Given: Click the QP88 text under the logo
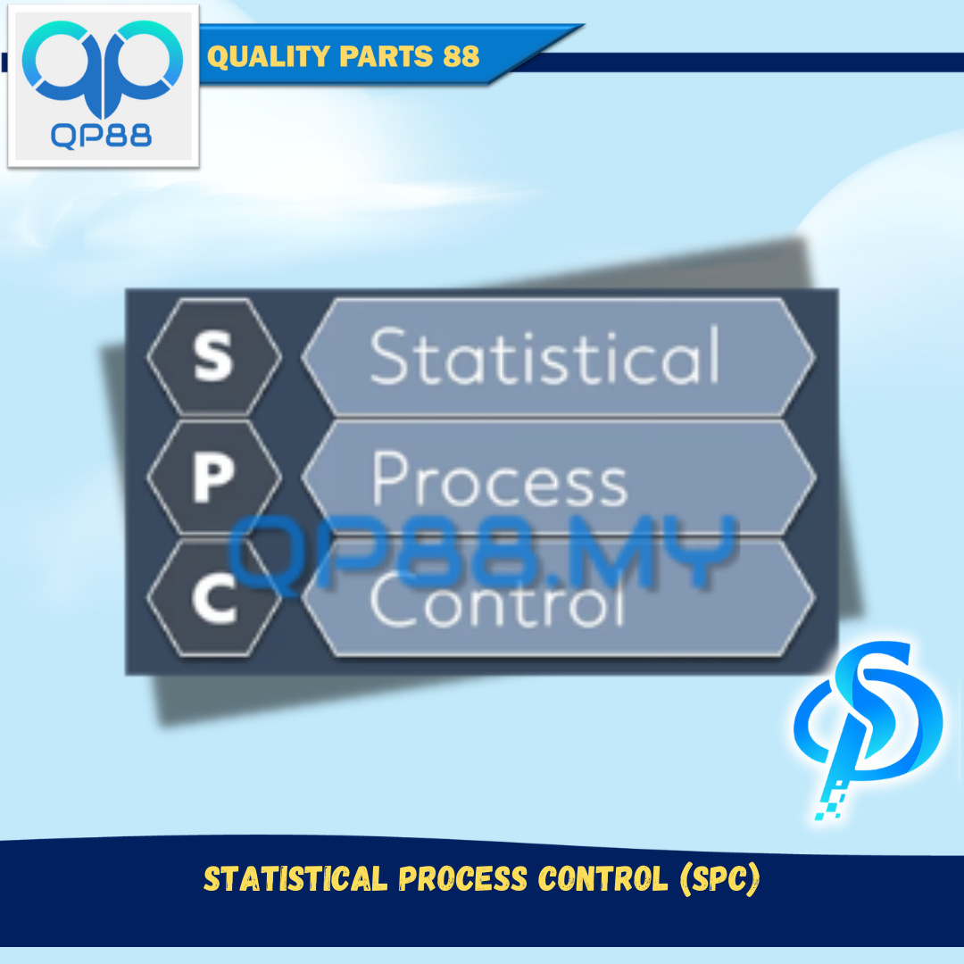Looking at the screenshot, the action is click(101, 136).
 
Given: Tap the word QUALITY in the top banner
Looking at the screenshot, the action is click(269, 56).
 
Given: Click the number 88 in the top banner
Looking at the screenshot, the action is click(461, 56).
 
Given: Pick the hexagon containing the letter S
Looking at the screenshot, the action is click(214, 356).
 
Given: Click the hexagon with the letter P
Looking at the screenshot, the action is click(214, 477).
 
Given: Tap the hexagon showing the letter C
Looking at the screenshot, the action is click(214, 597).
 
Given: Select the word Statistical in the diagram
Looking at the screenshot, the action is click(544, 356).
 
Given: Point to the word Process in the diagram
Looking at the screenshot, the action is click(499, 479).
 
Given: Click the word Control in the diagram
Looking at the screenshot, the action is click(497, 600).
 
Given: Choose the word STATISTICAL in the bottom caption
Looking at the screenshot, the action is click(295, 878).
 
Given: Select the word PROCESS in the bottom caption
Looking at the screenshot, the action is click(463, 878).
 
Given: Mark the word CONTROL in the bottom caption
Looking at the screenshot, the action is click(602, 878).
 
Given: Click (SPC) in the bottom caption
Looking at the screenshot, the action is click(720, 878).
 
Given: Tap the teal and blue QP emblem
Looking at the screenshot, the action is click(102, 68).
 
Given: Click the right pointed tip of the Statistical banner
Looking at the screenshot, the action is click(815, 356).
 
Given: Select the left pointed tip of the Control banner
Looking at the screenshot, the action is click(303, 597).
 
